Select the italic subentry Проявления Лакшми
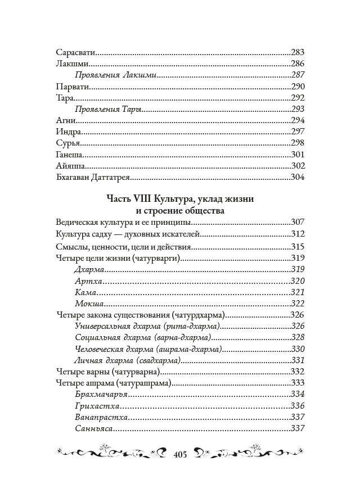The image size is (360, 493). click(x=115, y=75)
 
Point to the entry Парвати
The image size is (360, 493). click(x=73, y=87)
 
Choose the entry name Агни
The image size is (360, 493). click(x=66, y=121)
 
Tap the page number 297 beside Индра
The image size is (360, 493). click(x=298, y=132)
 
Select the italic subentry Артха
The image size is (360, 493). click(x=87, y=281)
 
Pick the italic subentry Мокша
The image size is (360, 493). click(x=88, y=304)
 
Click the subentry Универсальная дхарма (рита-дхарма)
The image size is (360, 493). click(x=147, y=327)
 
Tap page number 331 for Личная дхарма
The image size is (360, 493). click(x=298, y=360)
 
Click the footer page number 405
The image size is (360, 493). click(x=180, y=454)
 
